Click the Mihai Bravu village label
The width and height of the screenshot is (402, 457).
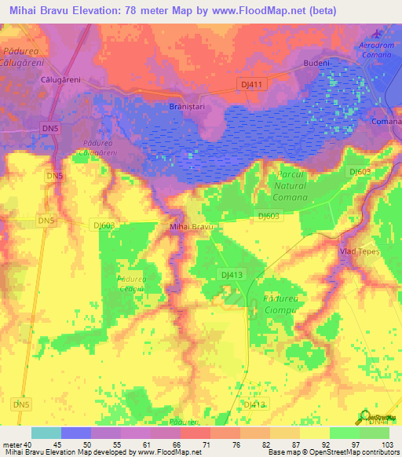point(192,227)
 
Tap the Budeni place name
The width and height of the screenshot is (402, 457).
point(317,64)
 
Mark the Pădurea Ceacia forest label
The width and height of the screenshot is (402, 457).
point(130,283)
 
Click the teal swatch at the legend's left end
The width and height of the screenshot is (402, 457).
point(46,433)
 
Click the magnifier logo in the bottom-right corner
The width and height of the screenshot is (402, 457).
point(367,416)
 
